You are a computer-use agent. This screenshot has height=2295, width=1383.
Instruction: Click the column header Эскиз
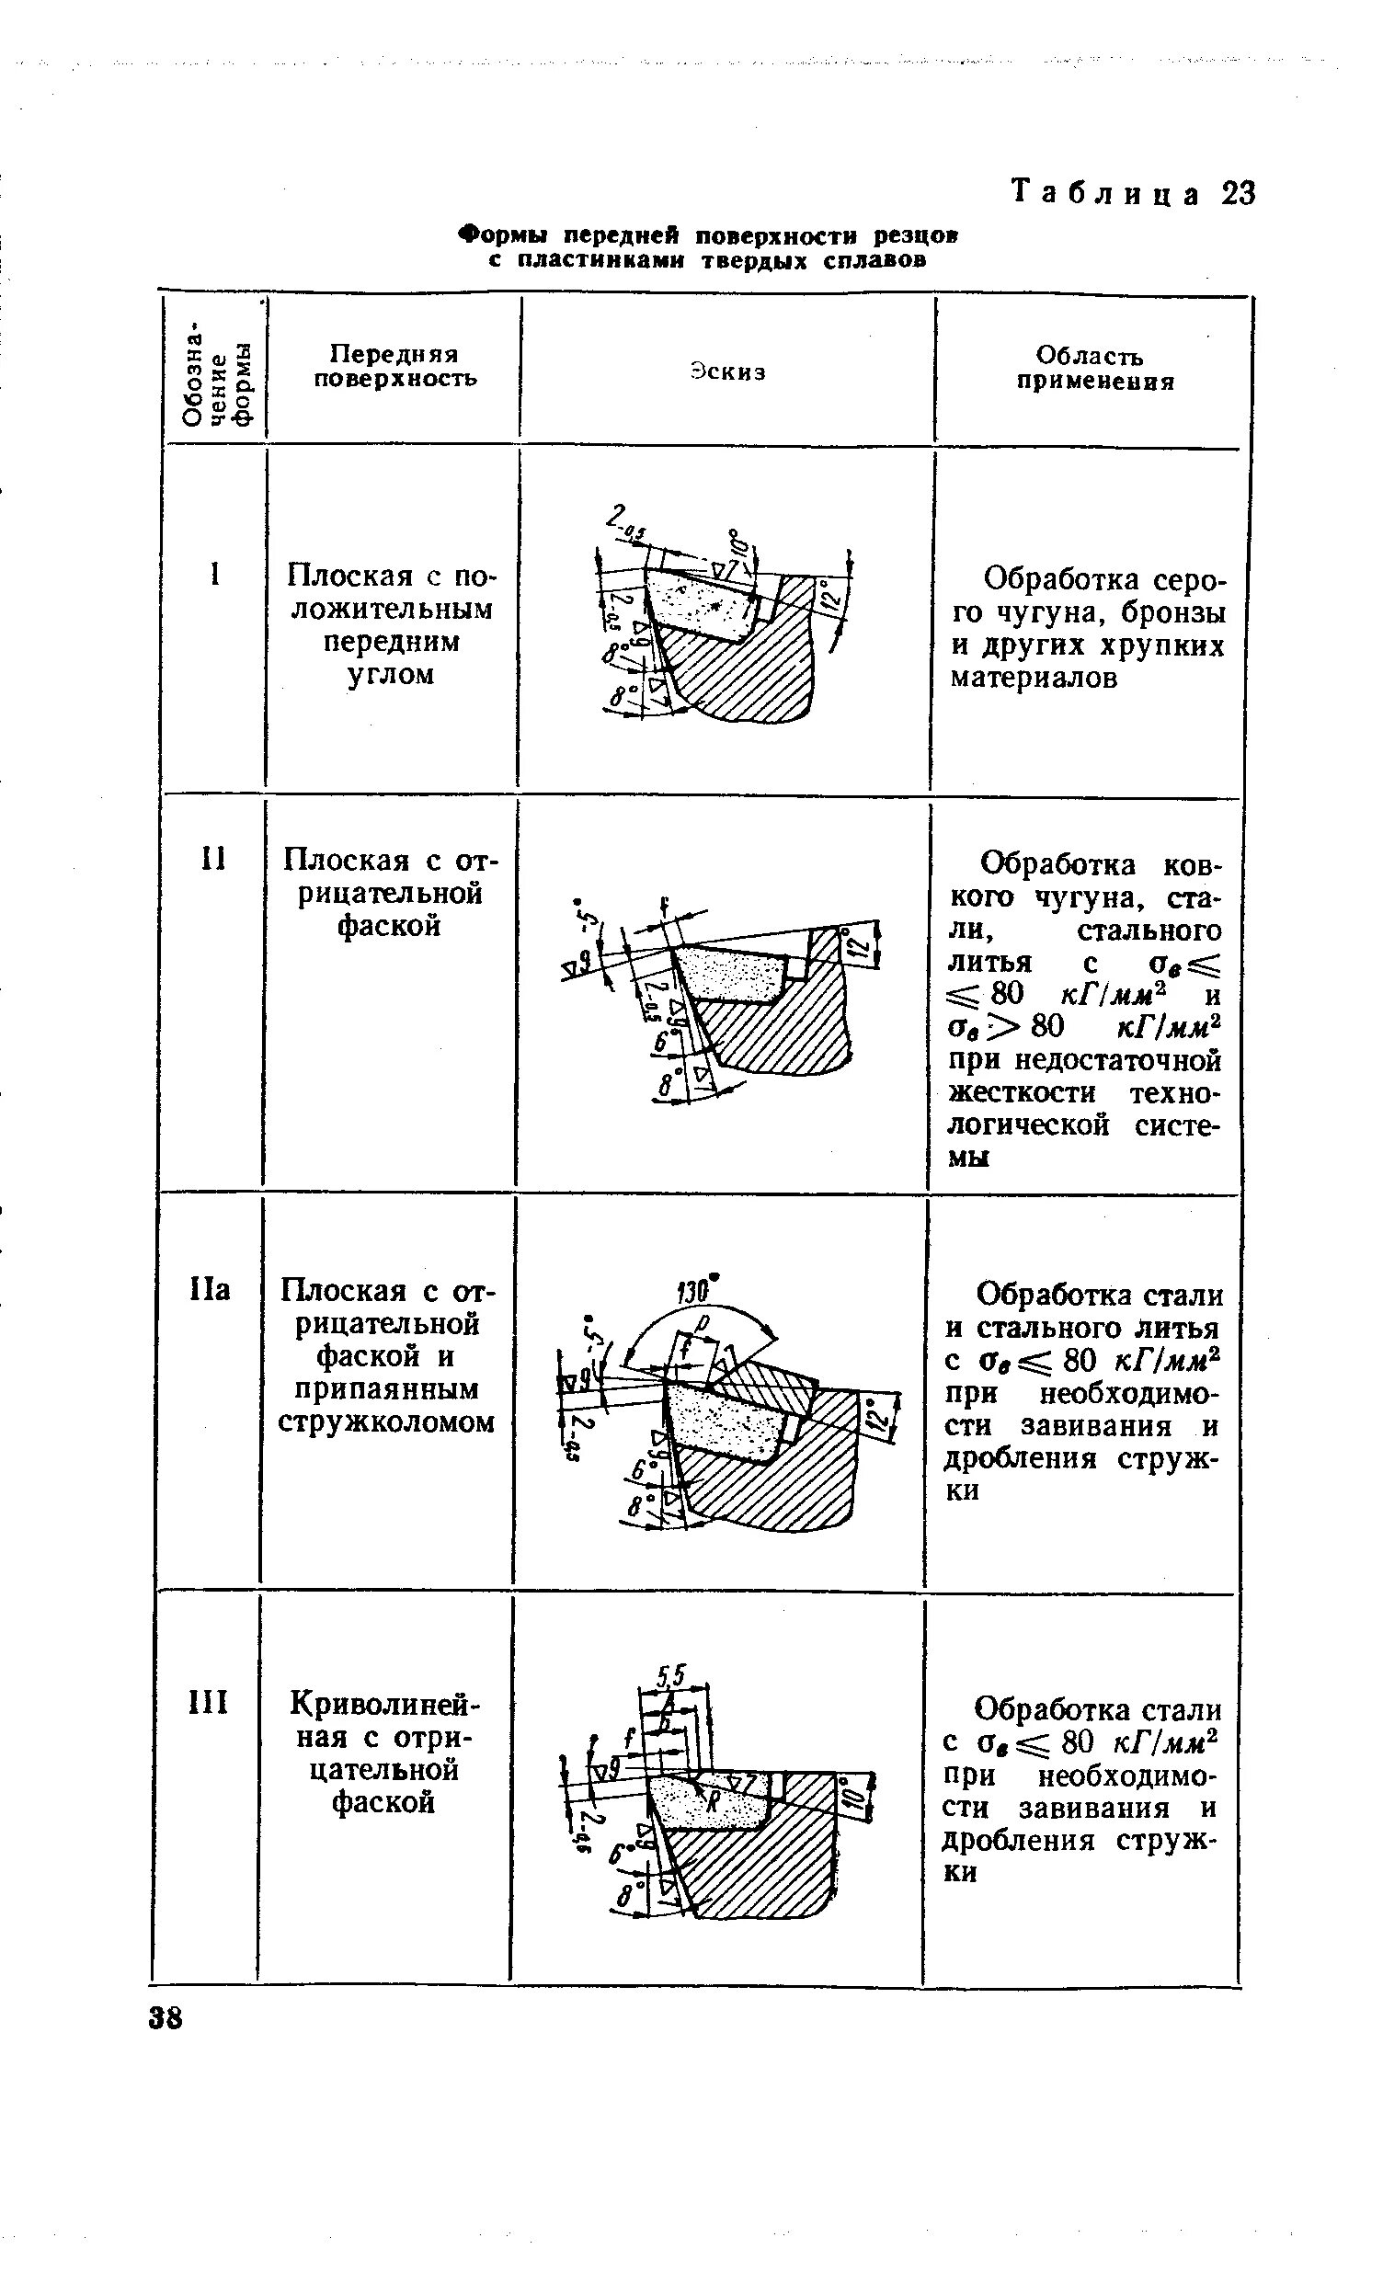[x=728, y=371]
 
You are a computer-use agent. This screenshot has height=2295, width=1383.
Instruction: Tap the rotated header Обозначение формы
[x=216, y=371]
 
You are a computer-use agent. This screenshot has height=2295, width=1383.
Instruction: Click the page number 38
[x=166, y=2019]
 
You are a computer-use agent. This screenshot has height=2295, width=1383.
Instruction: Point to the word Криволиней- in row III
[x=384, y=1704]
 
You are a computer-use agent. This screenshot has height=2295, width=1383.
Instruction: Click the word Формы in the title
[x=499, y=234]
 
